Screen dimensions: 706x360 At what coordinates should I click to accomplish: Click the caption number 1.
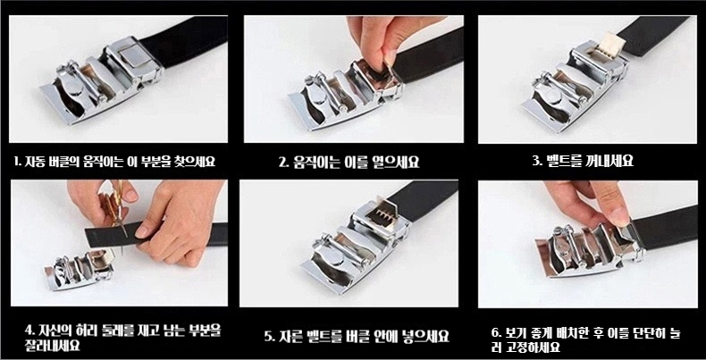(16, 161)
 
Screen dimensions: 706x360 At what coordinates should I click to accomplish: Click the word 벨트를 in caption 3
(564, 161)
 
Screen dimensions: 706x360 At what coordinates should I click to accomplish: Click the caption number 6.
(495, 334)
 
